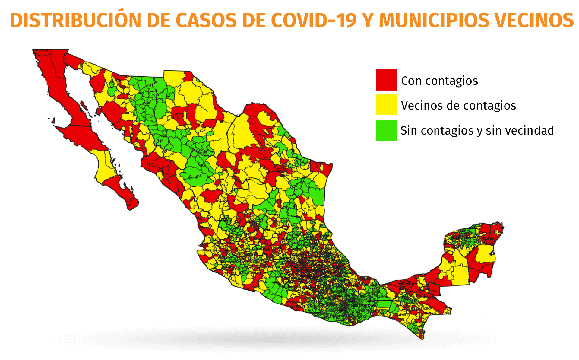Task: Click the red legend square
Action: [x=386, y=80]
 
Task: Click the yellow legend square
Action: [x=386, y=105]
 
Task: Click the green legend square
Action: [x=386, y=131]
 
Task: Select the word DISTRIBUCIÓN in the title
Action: [x=75, y=21]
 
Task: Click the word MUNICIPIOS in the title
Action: [x=434, y=21]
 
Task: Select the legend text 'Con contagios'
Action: [x=439, y=81]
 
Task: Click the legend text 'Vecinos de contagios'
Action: [x=458, y=106]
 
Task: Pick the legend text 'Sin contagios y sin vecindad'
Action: [x=477, y=131]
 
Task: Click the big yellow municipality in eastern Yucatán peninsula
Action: [x=485, y=253]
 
